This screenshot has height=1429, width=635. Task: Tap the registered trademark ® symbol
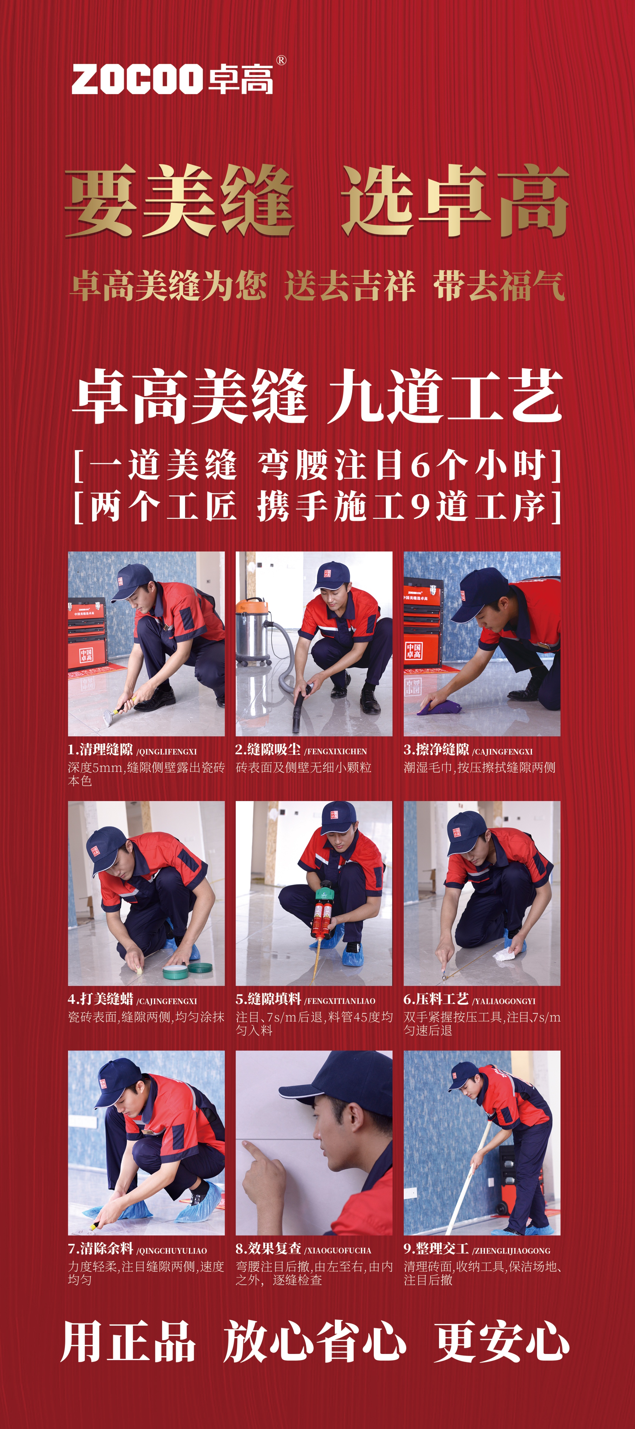coord(281,60)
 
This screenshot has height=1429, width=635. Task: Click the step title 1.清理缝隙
coord(100,750)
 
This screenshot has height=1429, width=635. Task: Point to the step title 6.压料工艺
coord(436,999)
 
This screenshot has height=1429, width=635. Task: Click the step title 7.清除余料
coord(100,1249)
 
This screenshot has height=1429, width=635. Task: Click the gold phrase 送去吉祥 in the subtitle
coord(349,286)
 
